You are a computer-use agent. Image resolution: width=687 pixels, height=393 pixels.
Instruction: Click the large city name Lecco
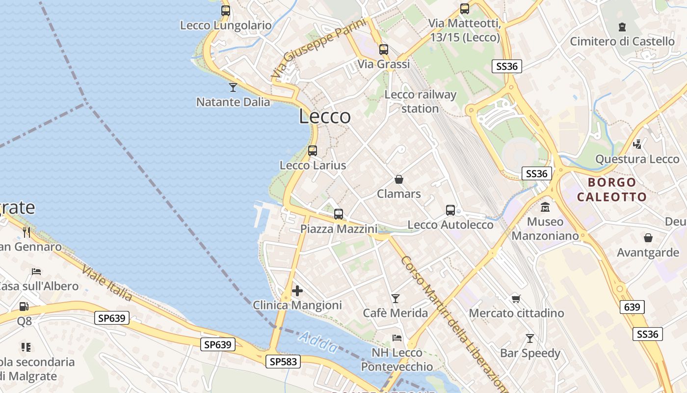click(324, 117)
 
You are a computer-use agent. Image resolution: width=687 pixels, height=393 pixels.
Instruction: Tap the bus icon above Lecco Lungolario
click(226, 10)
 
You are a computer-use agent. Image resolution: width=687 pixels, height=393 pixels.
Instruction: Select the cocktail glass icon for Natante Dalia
click(233, 87)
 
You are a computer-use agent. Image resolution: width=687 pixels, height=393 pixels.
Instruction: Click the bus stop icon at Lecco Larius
click(313, 151)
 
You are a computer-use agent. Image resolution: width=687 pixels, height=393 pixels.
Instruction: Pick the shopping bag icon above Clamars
click(399, 179)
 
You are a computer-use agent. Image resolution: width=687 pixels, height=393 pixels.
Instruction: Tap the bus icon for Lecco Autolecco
click(450, 210)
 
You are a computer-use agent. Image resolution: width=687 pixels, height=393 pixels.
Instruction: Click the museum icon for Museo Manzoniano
click(545, 207)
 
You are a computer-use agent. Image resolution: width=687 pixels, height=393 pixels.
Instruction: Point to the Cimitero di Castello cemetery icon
click(622, 27)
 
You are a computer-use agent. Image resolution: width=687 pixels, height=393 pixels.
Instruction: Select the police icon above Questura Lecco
click(637, 144)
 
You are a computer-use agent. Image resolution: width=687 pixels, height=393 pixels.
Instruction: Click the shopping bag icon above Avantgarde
click(648, 238)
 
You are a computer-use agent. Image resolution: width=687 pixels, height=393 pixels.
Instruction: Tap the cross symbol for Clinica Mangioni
click(297, 291)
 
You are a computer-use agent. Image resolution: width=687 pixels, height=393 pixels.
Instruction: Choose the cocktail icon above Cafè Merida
click(396, 298)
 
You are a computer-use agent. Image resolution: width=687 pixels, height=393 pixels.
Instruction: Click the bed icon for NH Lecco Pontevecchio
click(397, 338)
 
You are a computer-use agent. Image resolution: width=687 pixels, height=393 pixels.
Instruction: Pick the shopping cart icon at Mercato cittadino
click(516, 299)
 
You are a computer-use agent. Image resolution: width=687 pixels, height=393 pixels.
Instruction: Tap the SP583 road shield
click(283, 362)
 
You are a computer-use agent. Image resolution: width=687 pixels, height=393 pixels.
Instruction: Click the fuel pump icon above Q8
click(24, 307)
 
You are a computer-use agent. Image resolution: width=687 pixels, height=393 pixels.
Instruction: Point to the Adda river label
click(318, 342)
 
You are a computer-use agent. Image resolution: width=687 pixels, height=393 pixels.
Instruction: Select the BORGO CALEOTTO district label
click(611, 190)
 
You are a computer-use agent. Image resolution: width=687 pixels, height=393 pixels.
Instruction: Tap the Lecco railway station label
click(421, 101)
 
